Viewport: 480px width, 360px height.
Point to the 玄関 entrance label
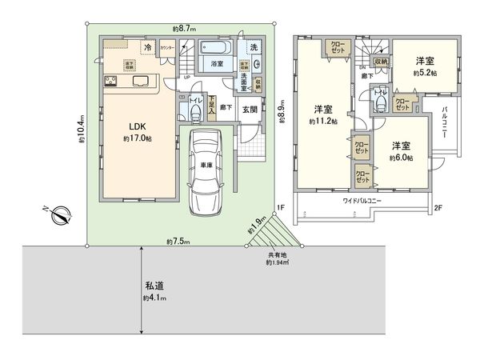coord(248,110)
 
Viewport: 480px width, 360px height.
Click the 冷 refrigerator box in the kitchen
coord(149,48)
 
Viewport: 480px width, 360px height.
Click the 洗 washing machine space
coord(253,48)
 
